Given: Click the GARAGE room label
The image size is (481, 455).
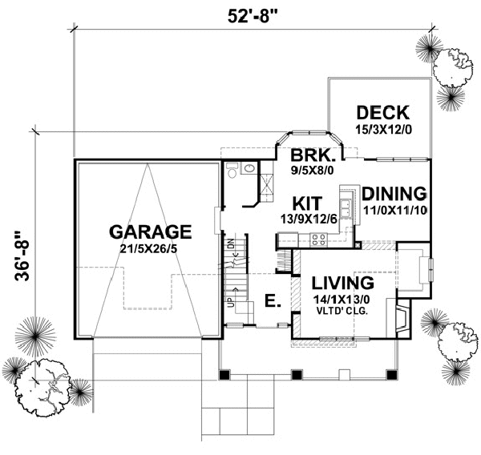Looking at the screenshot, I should point(151,232).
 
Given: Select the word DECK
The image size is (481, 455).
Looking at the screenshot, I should point(383,112).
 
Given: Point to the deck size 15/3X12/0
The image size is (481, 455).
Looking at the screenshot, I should point(383,127).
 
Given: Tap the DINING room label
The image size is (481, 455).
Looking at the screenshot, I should point(393,193).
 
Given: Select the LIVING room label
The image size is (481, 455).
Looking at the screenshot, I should point(343,283).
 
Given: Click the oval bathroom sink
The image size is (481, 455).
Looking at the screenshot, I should point(249,169).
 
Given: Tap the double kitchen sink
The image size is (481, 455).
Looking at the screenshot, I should point(347,200).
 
